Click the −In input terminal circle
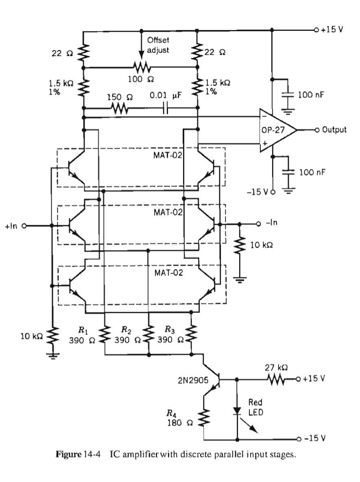258,224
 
